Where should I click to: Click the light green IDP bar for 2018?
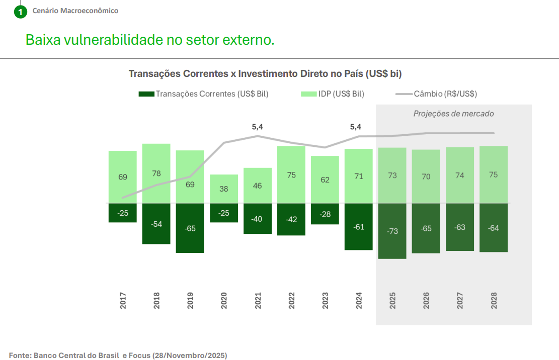[x=156, y=173]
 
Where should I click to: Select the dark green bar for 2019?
[x=190, y=228]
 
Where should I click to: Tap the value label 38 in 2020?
[x=223, y=189]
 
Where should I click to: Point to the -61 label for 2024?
[x=358, y=227]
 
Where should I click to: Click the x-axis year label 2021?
[x=258, y=302]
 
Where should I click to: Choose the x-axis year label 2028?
[x=494, y=302]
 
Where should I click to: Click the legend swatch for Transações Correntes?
[x=146, y=94]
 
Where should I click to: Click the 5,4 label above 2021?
[x=258, y=127]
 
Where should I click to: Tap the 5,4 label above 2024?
[x=356, y=127]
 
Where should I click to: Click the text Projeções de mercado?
[x=453, y=114]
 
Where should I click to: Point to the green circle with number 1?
[x=20, y=11]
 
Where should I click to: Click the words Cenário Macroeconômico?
[x=75, y=11]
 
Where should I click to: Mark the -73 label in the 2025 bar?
[x=392, y=231]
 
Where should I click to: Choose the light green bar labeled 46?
[x=257, y=186]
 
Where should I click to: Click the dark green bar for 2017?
[x=122, y=213]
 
